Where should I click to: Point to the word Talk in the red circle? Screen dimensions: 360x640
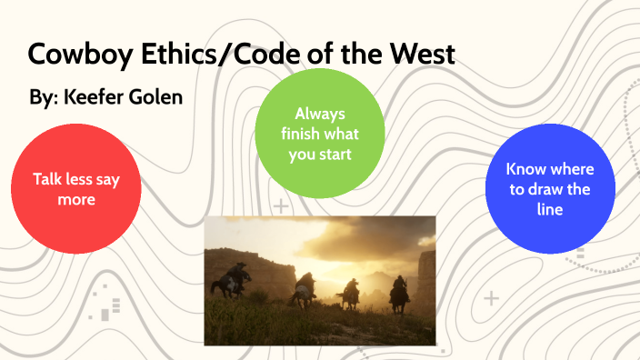[48, 179]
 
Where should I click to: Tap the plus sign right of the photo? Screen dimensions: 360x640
[492, 297]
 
